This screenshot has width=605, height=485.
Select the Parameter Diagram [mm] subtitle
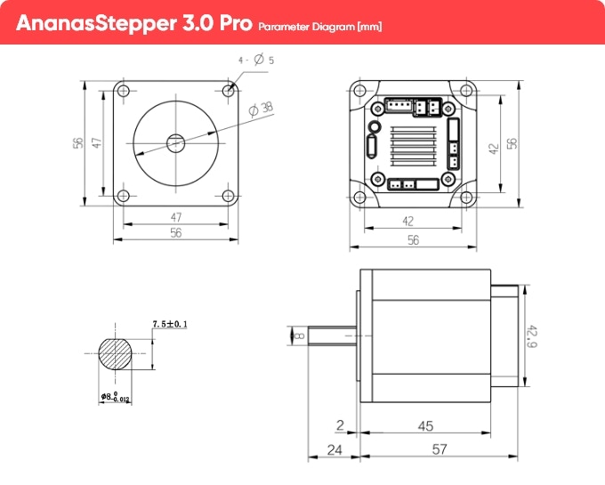tap(320, 27)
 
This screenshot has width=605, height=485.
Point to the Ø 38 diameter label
tap(262, 109)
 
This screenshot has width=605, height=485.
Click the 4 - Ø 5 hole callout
tap(255, 61)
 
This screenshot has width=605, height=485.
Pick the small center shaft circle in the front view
tap(175, 141)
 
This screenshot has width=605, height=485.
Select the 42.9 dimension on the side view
tap(532, 335)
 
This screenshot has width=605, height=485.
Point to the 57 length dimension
tap(439, 450)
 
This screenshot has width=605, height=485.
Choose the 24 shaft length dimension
tap(334, 450)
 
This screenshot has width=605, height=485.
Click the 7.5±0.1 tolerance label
tap(170, 325)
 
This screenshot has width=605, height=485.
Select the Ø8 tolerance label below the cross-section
tap(116, 396)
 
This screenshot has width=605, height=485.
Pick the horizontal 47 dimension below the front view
tap(175, 217)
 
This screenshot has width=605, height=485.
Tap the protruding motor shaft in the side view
tap(333, 335)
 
